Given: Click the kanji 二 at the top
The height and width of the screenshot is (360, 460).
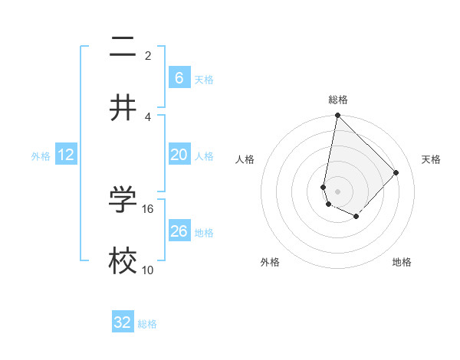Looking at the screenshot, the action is click(123, 47).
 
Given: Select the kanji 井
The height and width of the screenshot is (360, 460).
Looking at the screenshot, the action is click(123, 107).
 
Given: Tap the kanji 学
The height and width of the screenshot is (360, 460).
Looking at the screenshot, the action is click(123, 199).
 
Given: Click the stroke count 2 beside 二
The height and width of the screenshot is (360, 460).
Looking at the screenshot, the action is click(148, 56).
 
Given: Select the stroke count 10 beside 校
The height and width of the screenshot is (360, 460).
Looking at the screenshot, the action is click(148, 270).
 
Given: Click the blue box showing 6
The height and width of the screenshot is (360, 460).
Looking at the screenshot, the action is click(179, 78).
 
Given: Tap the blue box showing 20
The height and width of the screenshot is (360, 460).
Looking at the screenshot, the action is click(179, 155).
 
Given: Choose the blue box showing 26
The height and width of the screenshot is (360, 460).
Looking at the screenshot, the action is click(179, 231).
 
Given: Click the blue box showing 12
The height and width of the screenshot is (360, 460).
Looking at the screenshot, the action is click(66, 155).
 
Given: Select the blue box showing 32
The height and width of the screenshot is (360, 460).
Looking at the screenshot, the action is click(123, 322).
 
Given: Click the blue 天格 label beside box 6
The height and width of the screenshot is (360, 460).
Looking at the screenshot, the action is click(204, 80).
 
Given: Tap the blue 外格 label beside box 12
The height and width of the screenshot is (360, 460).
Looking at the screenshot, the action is click(41, 156).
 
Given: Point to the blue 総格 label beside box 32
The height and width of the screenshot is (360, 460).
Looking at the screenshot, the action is click(147, 324).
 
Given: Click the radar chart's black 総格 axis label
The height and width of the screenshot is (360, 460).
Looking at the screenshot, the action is click(338, 100).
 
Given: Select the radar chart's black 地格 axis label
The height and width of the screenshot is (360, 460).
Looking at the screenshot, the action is click(402, 262).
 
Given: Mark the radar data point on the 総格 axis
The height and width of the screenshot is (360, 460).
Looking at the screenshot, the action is click(337, 116).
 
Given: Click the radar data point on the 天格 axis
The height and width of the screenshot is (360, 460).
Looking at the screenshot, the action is click(396, 172).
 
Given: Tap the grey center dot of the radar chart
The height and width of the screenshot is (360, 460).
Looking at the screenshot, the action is click(337, 191).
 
